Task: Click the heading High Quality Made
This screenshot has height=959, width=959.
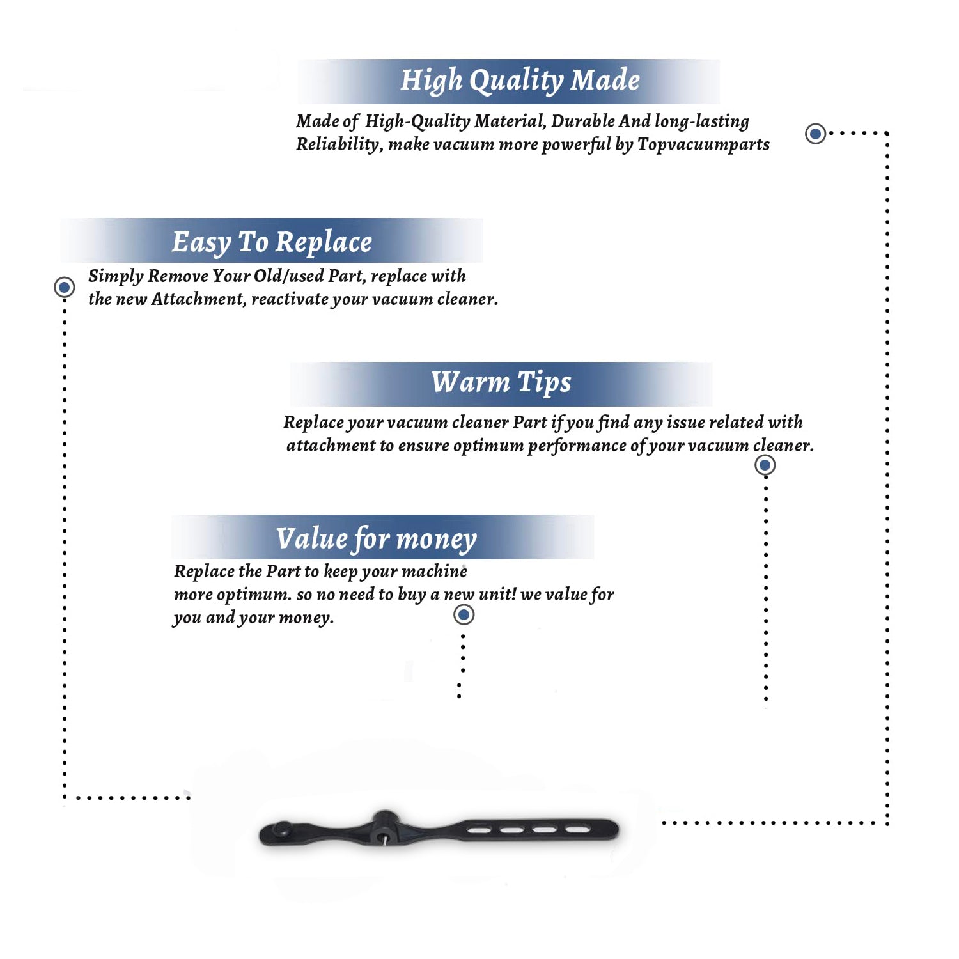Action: pyautogui.click(x=520, y=81)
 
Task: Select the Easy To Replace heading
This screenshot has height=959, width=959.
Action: pyautogui.click(x=272, y=242)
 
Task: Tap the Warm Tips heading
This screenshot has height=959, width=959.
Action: pyautogui.click(x=501, y=383)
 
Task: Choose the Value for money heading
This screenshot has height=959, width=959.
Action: pyautogui.click(x=377, y=539)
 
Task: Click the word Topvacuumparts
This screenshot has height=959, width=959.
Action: pyautogui.click(x=703, y=145)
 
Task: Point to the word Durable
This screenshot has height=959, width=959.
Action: pyautogui.click(x=583, y=121)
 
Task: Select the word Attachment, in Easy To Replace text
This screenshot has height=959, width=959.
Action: pyautogui.click(x=198, y=299)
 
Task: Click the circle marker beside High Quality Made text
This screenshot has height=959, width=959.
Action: pyautogui.click(x=815, y=134)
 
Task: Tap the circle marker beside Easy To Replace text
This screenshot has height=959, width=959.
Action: pyautogui.click(x=64, y=287)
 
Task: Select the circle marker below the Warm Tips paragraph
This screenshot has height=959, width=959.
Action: pyautogui.click(x=765, y=465)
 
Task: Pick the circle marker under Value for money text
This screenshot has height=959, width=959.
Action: pyautogui.click(x=464, y=615)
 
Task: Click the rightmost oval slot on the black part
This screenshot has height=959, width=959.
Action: pyautogui.click(x=578, y=830)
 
